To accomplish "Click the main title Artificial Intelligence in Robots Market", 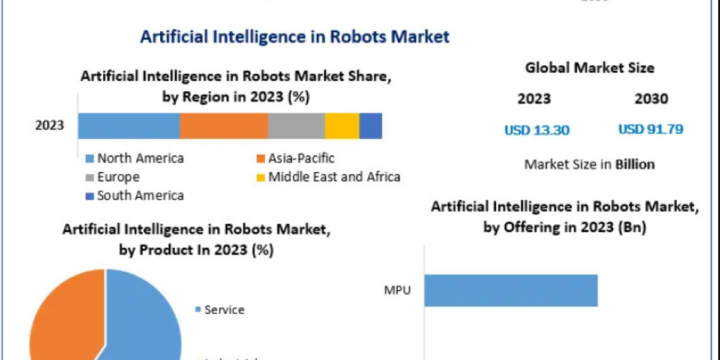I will (x=295, y=36).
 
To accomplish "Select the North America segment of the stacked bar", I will (x=129, y=125).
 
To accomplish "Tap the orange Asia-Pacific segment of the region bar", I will (x=224, y=125).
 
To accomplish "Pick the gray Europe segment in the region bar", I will (x=296, y=125).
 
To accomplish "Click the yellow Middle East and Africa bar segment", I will (x=342, y=125).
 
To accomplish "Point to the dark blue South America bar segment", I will (x=371, y=125).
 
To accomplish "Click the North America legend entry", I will (x=135, y=158).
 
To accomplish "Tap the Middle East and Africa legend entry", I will (x=328, y=177).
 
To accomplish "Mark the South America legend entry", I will (x=135, y=195).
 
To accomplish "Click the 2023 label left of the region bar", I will (x=50, y=126).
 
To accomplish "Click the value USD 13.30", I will (x=536, y=130).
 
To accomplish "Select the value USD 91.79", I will (x=651, y=129).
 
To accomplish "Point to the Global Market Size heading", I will (x=590, y=68).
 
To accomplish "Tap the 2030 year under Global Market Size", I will (x=651, y=99).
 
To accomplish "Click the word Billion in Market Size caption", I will (x=635, y=164).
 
